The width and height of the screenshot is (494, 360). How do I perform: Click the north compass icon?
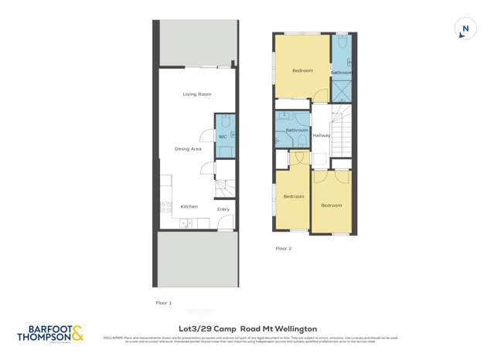(x=464, y=30)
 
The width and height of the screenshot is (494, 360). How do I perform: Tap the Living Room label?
(x=197, y=94)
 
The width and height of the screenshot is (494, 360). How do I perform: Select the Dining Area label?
(x=187, y=148)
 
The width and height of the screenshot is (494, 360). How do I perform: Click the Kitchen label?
(x=189, y=206)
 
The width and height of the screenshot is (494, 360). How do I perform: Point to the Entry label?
(x=223, y=209)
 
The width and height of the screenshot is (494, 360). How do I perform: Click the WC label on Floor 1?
(x=222, y=137)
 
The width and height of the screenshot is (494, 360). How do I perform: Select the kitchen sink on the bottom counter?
(x=186, y=224)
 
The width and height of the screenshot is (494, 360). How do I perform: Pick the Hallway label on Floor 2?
(x=322, y=135)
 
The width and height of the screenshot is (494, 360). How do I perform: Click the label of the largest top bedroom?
(x=302, y=71)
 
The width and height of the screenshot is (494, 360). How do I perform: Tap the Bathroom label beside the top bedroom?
(x=342, y=73)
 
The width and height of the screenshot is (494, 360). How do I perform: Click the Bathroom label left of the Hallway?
(x=297, y=130)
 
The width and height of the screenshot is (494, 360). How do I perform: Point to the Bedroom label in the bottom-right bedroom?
(x=332, y=205)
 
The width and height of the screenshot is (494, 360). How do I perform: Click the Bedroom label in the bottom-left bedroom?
(x=293, y=196)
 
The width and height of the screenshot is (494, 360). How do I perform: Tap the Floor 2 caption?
(x=284, y=249)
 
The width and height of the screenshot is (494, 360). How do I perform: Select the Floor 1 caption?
(x=164, y=303)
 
